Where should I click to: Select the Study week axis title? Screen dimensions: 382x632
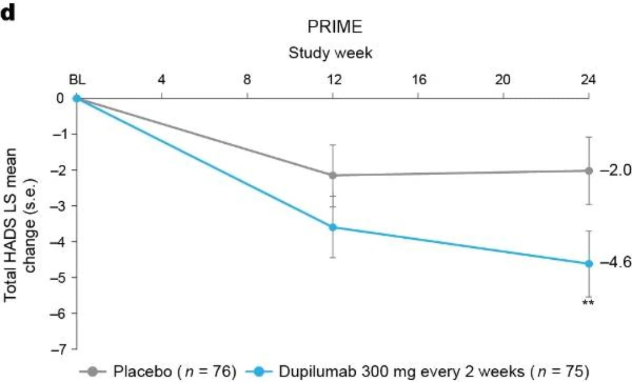coord(331,53)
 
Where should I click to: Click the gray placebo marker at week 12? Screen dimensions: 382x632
coord(333,175)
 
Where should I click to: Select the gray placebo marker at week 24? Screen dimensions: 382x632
coord(589,171)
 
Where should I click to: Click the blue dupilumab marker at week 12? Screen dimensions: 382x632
coord(333,227)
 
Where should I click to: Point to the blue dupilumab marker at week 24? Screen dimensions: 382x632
coord(589,263)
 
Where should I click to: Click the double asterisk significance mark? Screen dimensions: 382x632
coord(588,303)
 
